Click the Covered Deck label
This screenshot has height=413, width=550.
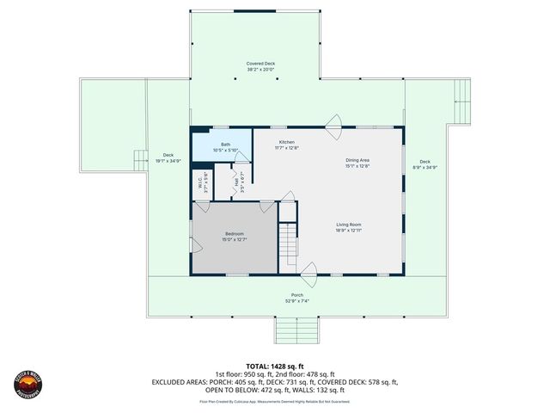pyautogui.click(x=260, y=63)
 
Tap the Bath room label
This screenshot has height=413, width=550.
pyautogui.click(x=225, y=145)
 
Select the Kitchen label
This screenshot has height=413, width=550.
pyautogui.click(x=287, y=141)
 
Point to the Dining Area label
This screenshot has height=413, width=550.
pyautogui.click(x=357, y=160)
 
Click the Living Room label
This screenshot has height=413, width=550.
pyautogui.click(x=348, y=225)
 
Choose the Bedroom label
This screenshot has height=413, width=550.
pyautogui.click(x=235, y=234)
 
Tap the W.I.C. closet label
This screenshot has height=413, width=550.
pyautogui.click(x=198, y=183)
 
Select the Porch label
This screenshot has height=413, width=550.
pyautogui.click(x=296, y=295)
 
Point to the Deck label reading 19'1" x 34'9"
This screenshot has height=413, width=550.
pyautogui.click(x=168, y=156)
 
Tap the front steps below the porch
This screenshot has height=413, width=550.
pyautogui.click(x=296, y=330)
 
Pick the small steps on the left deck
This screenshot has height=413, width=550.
pyautogui.click(x=140, y=159)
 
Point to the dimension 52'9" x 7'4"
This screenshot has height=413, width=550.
pyautogui.click(x=296, y=301)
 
